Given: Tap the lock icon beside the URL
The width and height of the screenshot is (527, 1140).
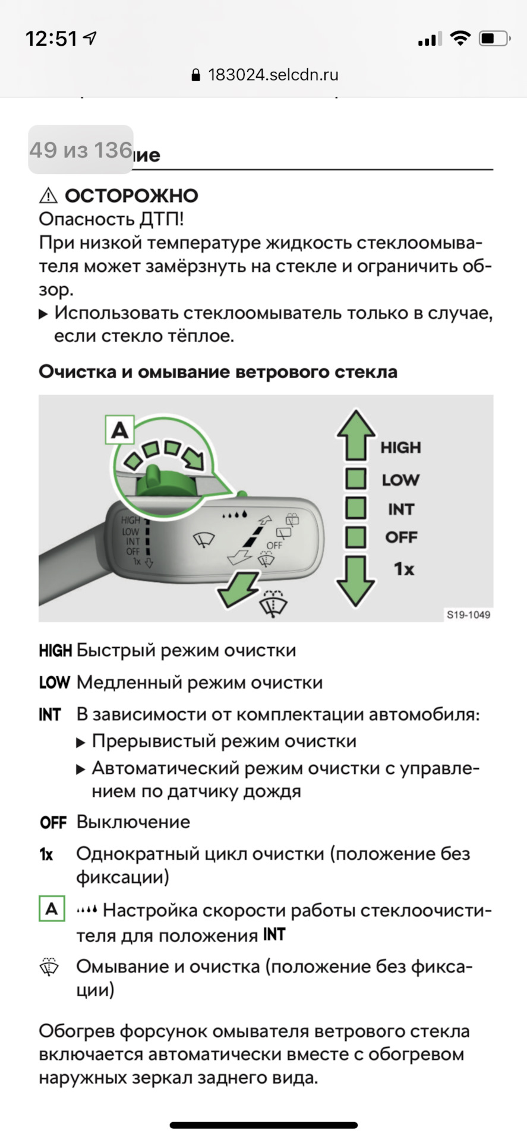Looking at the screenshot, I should (196, 75).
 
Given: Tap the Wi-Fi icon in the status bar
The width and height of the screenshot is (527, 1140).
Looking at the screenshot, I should (459, 39).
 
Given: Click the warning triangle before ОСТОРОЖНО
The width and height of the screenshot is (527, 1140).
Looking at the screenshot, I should (48, 195).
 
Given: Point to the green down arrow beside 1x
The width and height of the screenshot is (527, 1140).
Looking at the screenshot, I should (355, 579).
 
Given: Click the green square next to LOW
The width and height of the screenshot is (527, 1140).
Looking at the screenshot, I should (355, 479).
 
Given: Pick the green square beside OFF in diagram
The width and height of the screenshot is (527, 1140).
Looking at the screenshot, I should (355, 537).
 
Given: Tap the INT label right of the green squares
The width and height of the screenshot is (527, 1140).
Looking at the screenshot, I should (401, 509).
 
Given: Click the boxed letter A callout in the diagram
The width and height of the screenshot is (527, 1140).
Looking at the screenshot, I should (119, 430).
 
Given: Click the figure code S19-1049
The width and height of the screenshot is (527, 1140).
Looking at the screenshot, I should (468, 615).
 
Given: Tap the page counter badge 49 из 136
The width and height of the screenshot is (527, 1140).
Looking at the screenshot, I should (81, 150).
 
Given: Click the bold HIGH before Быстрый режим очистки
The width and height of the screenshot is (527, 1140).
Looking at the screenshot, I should (55, 651).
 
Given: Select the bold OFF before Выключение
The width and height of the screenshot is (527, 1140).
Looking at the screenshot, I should (53, 822).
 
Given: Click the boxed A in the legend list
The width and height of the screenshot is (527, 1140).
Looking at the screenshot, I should (52, 908).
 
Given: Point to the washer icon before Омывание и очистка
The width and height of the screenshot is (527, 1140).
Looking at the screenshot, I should (49, 967).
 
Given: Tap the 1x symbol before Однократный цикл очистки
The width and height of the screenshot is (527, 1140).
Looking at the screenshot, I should (46, 854).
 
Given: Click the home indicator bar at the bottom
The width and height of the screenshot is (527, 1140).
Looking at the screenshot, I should (264, 1125).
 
